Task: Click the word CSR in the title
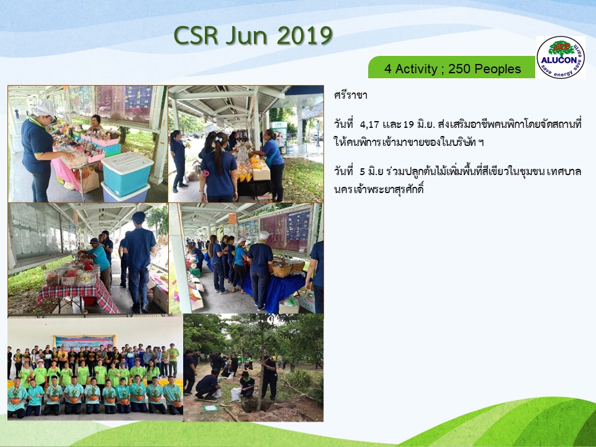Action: (x=196, y=36)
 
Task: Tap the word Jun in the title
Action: (x=248, y=36)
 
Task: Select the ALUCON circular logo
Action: (x=561, y=57)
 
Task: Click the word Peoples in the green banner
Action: (x=498, y=69)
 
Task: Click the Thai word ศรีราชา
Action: (x=350, y=95)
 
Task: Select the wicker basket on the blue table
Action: (x=282, y=270)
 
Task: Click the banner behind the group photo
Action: (x=84, y=342)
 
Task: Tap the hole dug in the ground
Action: (x=254, y=407)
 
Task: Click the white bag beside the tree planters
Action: (x=236, y=394)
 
